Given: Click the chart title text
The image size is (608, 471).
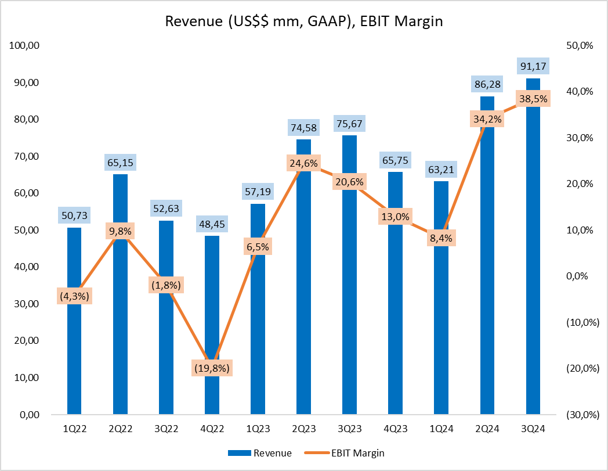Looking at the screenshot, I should click(x=304, y=21).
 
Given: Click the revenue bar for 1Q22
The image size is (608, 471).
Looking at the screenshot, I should click(x=74, y=348).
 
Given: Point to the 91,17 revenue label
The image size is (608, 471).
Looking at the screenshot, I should click(x=533, y=66).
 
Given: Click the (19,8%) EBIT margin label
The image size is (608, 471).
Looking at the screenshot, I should click(x=212, y=368).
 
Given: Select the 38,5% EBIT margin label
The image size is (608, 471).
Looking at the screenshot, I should click(x=533, y=99).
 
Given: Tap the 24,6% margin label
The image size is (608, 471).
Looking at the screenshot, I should click(x=303, y=163).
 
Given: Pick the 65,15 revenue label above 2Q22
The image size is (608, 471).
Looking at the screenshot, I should click(x=120, y=163).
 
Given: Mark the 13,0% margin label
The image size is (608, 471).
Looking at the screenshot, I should click(x=395, y=217).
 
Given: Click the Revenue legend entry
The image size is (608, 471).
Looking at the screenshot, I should click(x=259, y=452).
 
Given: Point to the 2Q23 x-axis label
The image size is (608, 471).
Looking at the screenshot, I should click(x=303, y=429).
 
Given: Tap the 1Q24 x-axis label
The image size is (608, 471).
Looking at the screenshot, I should click(x=441, y=429).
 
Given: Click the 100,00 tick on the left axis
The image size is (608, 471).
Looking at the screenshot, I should click(x=24, y=45).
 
